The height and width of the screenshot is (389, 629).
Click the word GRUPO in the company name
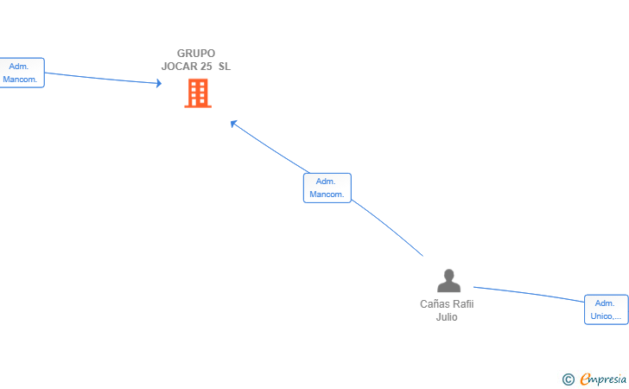pyautogui.click(x=196, y=54)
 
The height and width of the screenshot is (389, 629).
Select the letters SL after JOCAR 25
pyautogui.click(x=225, y=67)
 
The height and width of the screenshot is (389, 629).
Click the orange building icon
pyautogui.click(x=198, y=93)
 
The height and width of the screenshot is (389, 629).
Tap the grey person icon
pyautogui.click(x=449, y=280)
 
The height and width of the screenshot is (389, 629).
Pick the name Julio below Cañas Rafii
pyautogui.click(x=447, y=316)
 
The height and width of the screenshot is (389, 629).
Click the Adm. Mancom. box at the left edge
pyautogui.click(x=22, y=73)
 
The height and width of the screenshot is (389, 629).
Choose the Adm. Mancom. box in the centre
pyautogui.click(x=327, y=188)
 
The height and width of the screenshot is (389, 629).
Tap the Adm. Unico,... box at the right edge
pyautogui.click(x=607, y=309)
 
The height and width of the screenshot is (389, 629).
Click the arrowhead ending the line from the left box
pyautogui.click(x=159, y=83)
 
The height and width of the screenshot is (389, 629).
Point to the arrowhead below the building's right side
pyautogui.click(x=233, y=124)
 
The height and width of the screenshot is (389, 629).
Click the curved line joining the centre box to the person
pyautogui.click(x=388, y=226)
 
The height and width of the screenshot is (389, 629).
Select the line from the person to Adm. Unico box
pyautogui.click(x=529, y=293)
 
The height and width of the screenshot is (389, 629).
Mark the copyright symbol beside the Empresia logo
pyautogui.click(x=569, y=379)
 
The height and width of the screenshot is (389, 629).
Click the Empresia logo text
pyautogui.click(x=603, y=379)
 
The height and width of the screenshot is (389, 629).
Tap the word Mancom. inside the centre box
pyautogui.click(x=327, y=194)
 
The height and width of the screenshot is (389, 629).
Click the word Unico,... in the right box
pyautogui.click(x=606, y=316)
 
